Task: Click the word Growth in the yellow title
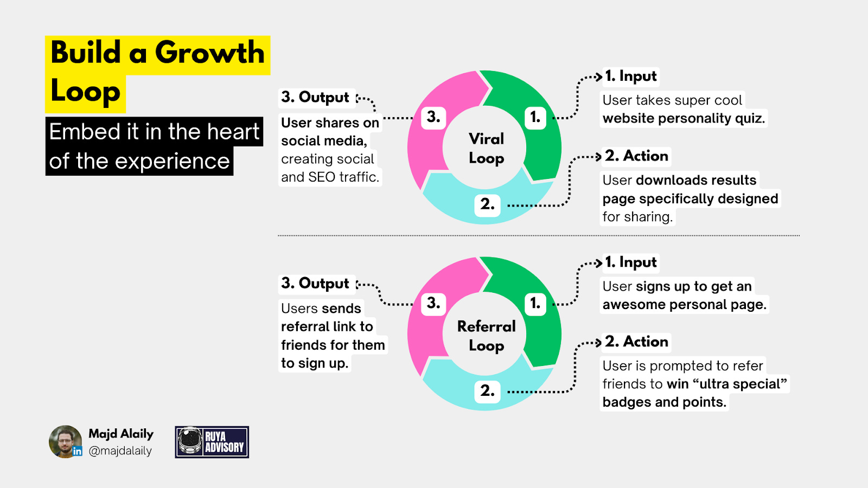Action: (209, 53)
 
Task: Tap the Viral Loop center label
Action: (487, 148)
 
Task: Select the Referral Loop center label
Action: (487, 336)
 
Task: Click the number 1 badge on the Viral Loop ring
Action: (535, 117)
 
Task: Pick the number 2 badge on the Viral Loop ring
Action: (487, 205)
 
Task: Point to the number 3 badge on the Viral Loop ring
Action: (433, 117)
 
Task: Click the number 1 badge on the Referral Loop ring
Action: (535, 303)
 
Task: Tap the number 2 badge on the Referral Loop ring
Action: (487, 391)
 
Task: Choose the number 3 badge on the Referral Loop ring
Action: (433, 303)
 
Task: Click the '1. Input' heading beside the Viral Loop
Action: (630, 76)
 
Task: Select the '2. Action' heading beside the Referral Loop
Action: (636, 342)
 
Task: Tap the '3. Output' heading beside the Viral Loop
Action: (315, 98)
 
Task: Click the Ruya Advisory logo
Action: (212, 442)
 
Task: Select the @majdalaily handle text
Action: (120, 451)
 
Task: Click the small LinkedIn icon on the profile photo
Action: (78, 451)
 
